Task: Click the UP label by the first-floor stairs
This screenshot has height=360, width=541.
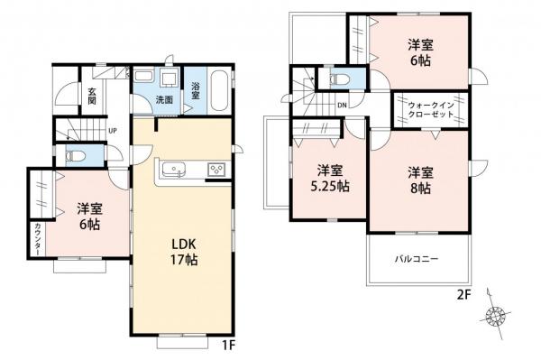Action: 112,131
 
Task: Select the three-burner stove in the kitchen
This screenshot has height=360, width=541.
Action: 217,169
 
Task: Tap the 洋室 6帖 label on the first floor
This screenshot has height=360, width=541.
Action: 87,215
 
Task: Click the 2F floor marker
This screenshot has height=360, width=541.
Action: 463,293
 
